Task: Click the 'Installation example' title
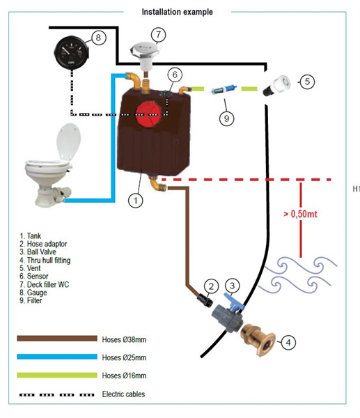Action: (x=177, y=12)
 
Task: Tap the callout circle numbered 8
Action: (x=99, y=38)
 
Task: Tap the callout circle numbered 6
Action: (x=175, y=74)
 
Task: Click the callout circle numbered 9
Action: (x=225, y=118)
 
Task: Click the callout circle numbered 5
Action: (x=306, y=82)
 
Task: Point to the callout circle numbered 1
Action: (x=136, y=200)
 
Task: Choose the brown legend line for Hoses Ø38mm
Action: (x=56, y=339)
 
